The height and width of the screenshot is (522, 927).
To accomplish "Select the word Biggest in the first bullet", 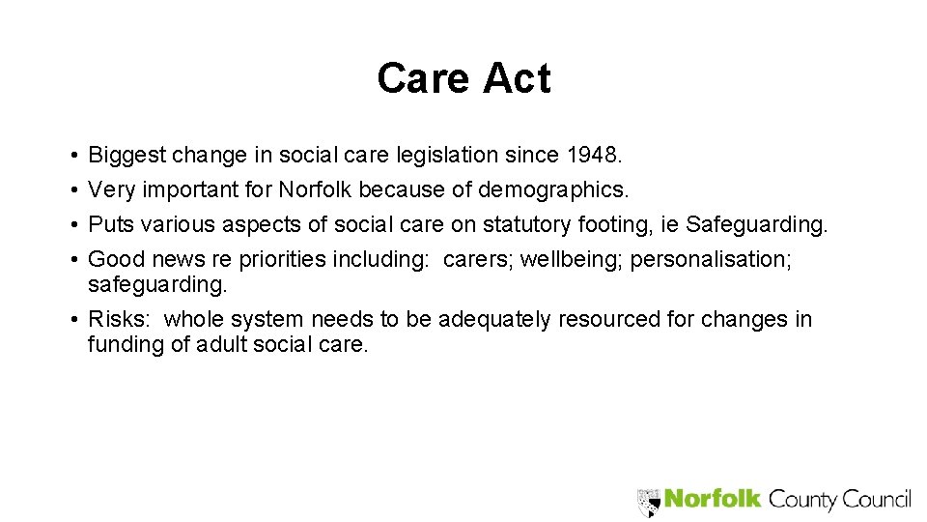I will point(126,155).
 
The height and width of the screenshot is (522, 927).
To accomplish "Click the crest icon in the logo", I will point(648,501).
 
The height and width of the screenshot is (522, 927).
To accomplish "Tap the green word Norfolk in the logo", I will point(714,500).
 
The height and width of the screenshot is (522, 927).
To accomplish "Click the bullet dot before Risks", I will point(74,320).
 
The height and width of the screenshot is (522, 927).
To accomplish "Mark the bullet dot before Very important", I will point(74,190).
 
